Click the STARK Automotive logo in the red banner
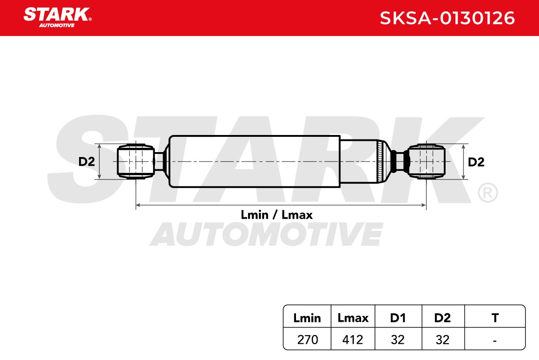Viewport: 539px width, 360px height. pos(57,18)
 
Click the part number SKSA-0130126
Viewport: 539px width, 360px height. pos(447,18)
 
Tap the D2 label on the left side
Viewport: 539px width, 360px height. pos(87,162)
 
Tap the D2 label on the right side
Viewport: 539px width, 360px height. pos(476,162)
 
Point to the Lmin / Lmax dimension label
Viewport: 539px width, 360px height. pos(277,215)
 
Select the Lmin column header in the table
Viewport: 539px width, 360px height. pos(307,318)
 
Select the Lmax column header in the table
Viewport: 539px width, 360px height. pos(353,318)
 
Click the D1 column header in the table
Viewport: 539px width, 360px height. pos(398,318)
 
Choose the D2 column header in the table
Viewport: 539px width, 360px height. pos(442,318)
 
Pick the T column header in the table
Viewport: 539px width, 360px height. pos(495,318)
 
